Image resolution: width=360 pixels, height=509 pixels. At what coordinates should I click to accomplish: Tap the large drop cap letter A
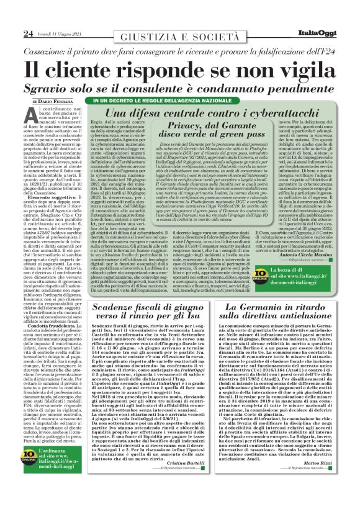pos(32,116)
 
